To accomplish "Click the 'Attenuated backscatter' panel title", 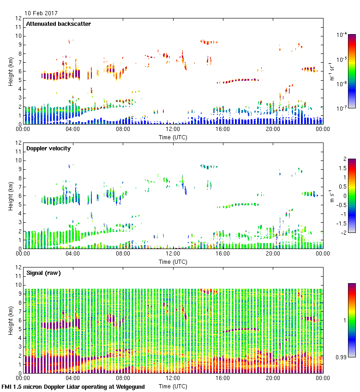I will click(58, 24).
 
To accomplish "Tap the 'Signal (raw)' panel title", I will click(43, 273).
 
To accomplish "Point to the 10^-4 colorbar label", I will click(342, 35).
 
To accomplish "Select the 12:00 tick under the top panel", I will click(173, 130).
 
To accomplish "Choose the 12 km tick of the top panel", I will click(19, 18).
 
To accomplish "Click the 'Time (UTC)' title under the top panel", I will click(173, 137).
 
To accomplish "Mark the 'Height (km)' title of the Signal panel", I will click(11, 320).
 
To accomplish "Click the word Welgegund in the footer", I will click(131, 387).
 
